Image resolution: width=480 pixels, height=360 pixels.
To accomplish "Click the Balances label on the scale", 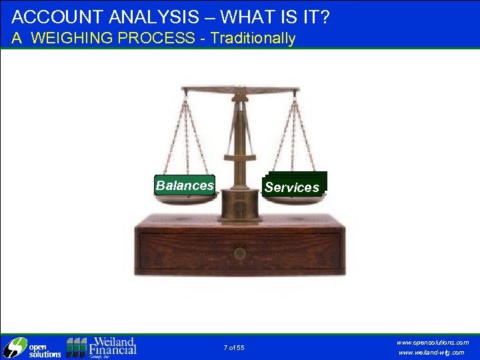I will point(185,185).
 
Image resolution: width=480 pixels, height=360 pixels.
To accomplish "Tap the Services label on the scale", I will point(292,187).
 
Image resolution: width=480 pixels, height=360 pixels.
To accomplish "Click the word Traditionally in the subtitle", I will point(253,38).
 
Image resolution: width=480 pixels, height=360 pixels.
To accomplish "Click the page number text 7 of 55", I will point(234,347).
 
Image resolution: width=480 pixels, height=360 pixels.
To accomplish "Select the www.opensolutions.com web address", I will point(433,342).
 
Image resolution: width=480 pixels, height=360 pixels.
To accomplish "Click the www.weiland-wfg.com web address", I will point(431,353).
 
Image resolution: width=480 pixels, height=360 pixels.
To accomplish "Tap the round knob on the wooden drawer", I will point(240,253).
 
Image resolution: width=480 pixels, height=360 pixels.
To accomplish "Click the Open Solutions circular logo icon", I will point(14,348).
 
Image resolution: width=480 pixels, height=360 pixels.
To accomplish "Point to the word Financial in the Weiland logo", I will point(113,349).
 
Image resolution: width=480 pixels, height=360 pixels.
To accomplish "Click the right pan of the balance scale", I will point(293,199).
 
